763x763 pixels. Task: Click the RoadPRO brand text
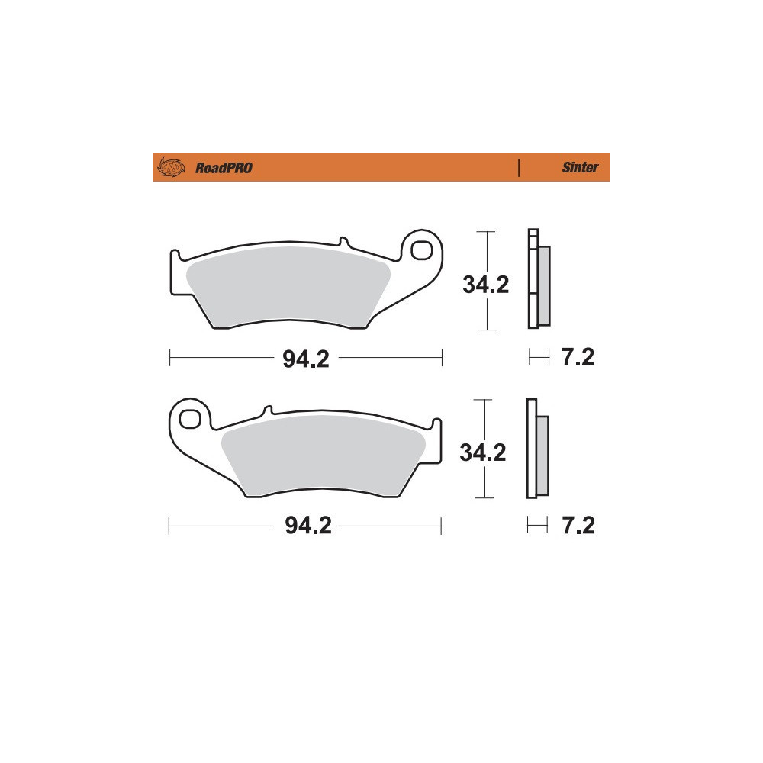(x=224, y=168)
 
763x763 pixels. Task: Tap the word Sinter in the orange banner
(x=580, y=167)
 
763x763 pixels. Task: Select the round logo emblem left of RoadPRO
(x=171, y=167)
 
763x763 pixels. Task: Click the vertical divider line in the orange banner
(x=519, y=167)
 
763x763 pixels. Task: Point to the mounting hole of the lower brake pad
(x=189, y=419)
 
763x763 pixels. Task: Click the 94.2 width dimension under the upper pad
(x=306, y=359)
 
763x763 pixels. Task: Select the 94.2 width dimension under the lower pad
(x=308, y=526)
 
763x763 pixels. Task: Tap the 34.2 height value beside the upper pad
(x=485, y=285)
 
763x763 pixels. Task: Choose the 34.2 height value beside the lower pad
(x=483, y=452)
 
